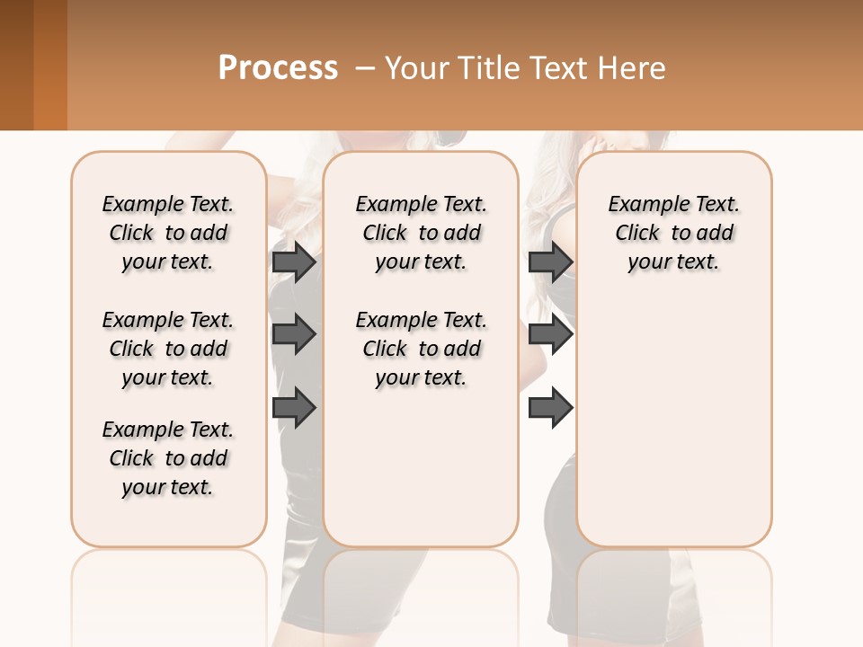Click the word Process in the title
[278, 67]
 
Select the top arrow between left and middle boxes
[294, 262]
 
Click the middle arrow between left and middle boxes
[294, 335]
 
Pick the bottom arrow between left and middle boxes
[294, 408]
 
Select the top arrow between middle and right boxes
[550, 262]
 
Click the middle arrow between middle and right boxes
[550, 335]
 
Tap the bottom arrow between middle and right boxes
[550, 408]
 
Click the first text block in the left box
[168, 233]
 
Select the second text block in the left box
[168, 349]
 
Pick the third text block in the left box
[168, 458]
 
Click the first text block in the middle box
[421, 233]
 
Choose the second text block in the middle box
[421, 349]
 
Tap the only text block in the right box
[673, 233]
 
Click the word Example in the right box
[638, 205]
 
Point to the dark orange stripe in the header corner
[49, 65]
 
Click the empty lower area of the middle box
[421, 467]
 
